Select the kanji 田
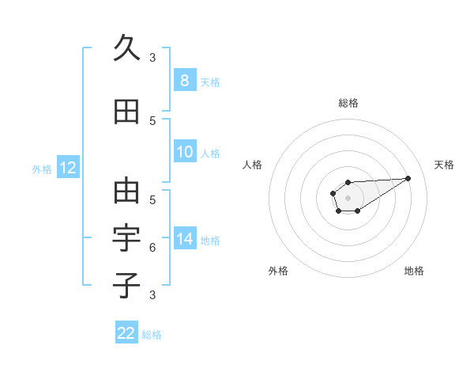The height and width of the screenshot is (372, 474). pos(126,112)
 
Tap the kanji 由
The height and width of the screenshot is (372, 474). pos(126,191)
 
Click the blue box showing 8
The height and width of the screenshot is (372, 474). pos(184,81)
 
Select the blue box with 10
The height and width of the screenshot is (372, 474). pos(184,152)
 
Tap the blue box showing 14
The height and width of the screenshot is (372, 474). pos(184,239)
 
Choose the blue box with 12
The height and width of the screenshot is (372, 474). pos(67,168)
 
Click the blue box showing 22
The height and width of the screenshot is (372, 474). pos(126,333)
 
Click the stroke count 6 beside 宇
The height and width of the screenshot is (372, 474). pos(152,248)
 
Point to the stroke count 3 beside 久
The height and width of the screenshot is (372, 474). pos(152,58)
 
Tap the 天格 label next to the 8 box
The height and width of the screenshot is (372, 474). pos(210,82)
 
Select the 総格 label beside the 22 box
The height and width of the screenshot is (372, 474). pos(152,334)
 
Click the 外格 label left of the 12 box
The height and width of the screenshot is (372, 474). pos(42,169)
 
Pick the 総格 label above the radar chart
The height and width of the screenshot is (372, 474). pos(348,103)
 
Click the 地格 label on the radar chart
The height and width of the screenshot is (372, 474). pos(414,271)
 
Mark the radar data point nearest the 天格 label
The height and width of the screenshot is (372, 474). pos(408,177)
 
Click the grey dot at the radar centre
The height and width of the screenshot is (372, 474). pos(348,196)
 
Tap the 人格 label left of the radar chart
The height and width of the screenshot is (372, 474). pos(253,165)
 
